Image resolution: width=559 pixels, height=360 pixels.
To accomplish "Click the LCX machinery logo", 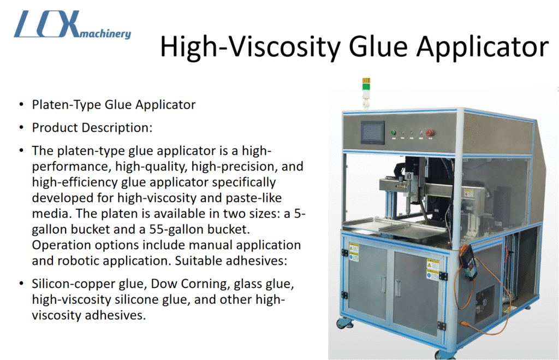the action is pyautogui.click(x=73, y=24).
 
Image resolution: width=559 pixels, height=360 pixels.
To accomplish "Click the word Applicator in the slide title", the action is pyautogui.click(x=483, y=47).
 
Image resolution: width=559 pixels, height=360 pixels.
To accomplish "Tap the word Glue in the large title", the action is pyautogui.click(x=378, y=46).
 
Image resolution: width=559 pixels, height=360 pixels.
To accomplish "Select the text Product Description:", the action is pyautogui.click(x=92, y=128).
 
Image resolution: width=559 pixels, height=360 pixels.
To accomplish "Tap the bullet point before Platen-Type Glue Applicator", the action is pyautogui.click(x=22, y=105).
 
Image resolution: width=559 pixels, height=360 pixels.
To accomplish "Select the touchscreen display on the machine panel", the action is pyautogui.click(x=372, y=132).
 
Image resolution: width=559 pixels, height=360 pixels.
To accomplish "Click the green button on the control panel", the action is pyautogui.click(x=393, y=132).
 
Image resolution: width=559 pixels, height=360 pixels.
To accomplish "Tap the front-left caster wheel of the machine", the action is pyautogui.click(x=346, y=323).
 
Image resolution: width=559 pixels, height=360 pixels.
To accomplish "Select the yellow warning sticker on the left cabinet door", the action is pyautogui.click(x=354, y=249).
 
